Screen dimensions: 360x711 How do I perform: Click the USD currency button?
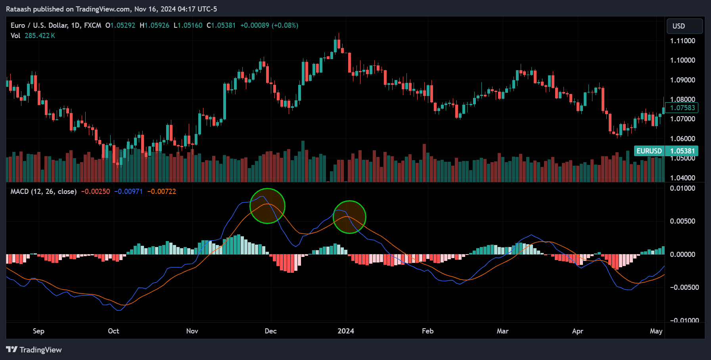point(684,26)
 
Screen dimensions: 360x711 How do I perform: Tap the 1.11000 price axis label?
point(682,41)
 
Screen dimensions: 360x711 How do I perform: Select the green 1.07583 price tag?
point(682,108)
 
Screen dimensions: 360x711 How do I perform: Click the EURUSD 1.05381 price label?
point(666,151)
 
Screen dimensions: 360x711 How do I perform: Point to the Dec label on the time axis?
point(270,331)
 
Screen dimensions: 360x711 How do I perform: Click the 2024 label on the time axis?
point(345,331)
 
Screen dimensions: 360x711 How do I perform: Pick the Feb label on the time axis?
point(427,331)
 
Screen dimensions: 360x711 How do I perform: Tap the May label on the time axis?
point(656,331)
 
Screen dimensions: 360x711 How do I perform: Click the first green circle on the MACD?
point(267,206)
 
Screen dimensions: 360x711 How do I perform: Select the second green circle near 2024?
point(349,217)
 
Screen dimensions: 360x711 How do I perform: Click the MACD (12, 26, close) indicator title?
point(43,191)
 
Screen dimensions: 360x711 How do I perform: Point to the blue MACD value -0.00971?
point(128,191)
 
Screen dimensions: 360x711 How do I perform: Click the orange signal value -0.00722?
point(161,191)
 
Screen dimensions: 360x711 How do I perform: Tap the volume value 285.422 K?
point(40,36)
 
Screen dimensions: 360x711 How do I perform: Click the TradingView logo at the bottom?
point(34,350)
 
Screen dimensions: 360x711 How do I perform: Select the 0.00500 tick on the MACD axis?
point(682,221)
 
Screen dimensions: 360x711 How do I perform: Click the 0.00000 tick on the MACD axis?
point(682,255)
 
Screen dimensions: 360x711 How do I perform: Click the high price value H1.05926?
point(154,25)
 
